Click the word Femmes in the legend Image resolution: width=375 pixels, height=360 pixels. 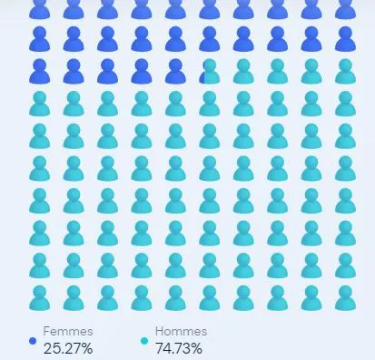point(68,331)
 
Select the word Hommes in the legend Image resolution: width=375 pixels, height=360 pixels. point(181,331)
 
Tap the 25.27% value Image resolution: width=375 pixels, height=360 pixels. point(68,348)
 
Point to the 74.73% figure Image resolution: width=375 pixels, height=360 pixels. point(179,348)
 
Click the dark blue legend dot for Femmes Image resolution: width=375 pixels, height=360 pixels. point(33,341)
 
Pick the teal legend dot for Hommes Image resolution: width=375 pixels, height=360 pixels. point(144,341)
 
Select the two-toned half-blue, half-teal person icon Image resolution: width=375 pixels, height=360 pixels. point(210,72)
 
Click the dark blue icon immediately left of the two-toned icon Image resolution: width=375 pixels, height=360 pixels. point(175,72)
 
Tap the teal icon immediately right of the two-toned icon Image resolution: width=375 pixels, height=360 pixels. point(243,72)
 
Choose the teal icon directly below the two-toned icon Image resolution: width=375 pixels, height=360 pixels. point(210,104)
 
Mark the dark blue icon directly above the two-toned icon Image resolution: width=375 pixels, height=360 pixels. point(210,39)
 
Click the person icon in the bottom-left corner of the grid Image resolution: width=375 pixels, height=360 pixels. point(40,298)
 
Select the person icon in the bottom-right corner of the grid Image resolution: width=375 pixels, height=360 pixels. point(345,298)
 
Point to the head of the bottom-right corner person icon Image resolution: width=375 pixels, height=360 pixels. point(345,292)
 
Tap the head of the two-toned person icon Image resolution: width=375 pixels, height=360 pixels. point(210,65)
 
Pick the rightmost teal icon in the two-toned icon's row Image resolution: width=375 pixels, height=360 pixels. point(345,72)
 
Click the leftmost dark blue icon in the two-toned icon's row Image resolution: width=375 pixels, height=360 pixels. point(40,72)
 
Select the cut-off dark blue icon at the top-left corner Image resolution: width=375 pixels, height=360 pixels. point(40,10)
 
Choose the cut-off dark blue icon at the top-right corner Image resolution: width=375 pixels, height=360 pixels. point(345,10)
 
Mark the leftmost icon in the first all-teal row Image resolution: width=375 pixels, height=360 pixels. point(40,104)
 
